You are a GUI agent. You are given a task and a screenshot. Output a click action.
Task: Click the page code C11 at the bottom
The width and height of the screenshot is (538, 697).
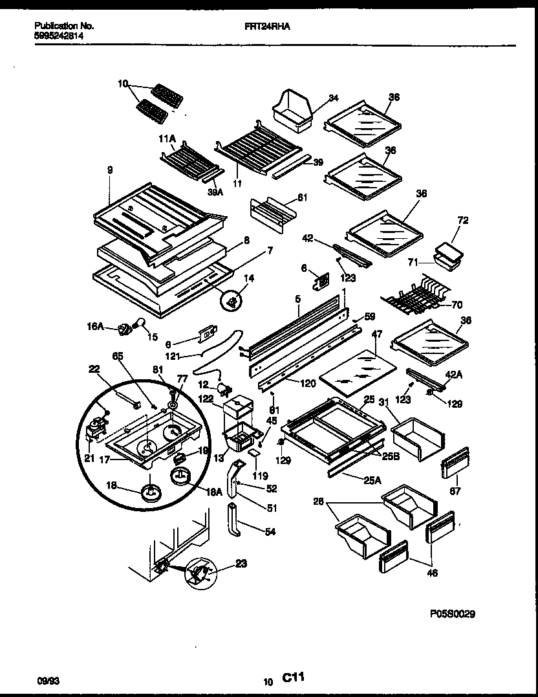pos(293,678)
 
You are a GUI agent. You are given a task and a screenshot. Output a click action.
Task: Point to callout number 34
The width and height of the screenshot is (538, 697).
pos(333,98)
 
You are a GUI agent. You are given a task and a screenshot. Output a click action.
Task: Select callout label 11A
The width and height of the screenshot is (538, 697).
pos(167,138)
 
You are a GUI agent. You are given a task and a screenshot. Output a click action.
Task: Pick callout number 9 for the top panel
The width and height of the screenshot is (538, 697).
pos(109,170)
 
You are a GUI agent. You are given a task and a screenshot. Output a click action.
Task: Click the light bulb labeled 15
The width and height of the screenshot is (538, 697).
pos(140,325)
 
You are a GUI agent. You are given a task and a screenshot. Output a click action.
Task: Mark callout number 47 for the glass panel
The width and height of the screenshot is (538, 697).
pos(377,333)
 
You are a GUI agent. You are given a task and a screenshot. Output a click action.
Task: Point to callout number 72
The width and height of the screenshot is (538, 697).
pos(462,221)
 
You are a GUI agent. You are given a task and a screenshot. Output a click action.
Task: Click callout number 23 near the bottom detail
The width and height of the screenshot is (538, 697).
pos(241,563)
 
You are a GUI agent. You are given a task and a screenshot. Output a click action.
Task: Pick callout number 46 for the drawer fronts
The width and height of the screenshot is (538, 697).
pos(432,572)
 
